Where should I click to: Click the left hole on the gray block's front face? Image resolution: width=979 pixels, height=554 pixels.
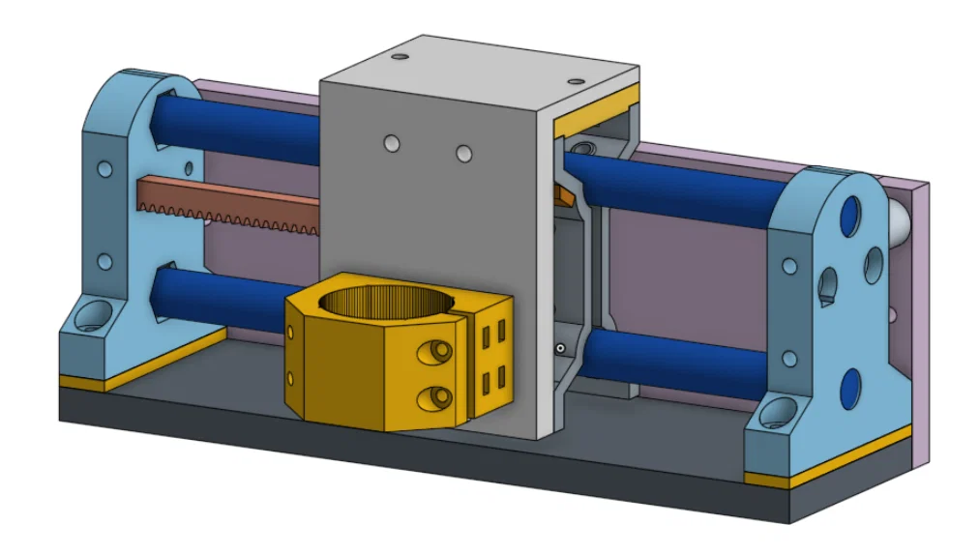(x=390, y=143)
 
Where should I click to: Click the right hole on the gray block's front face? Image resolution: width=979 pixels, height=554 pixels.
(x=464, y=154)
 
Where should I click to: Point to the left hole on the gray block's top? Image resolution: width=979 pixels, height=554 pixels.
(x=399, y=58)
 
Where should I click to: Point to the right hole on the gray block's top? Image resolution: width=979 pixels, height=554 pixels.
(x=577, y=81)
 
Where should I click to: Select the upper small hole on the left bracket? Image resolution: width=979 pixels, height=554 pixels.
(x=104, y=169)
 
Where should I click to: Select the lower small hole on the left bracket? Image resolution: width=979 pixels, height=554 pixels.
(x=104, y=261)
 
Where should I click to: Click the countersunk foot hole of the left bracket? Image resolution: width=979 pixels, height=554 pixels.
(x=94, y=313)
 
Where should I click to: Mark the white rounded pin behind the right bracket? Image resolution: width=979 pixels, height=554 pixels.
(x=898, y=222)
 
